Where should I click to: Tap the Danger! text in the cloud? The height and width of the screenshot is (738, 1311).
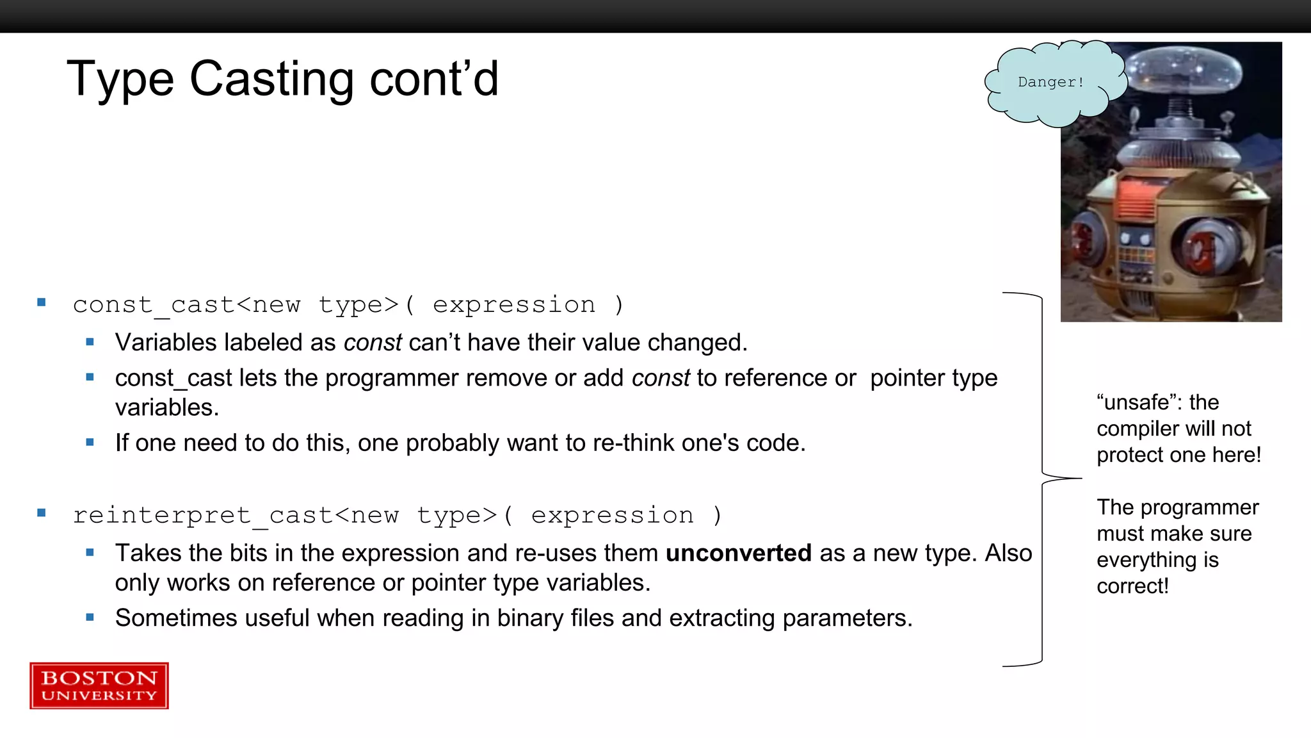[1050, 82]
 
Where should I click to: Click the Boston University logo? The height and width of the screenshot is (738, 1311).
[99, 685]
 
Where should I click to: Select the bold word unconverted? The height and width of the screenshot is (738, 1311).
[738, 553]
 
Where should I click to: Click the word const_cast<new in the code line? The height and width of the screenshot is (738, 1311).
[186, 305]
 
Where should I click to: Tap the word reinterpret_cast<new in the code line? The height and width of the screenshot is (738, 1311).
[236, 516]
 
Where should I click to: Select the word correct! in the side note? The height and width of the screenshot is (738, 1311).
[1132, 586]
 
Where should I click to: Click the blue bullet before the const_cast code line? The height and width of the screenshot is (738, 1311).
[42, 302]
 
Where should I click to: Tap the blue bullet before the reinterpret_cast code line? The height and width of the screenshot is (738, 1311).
[42, 512]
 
